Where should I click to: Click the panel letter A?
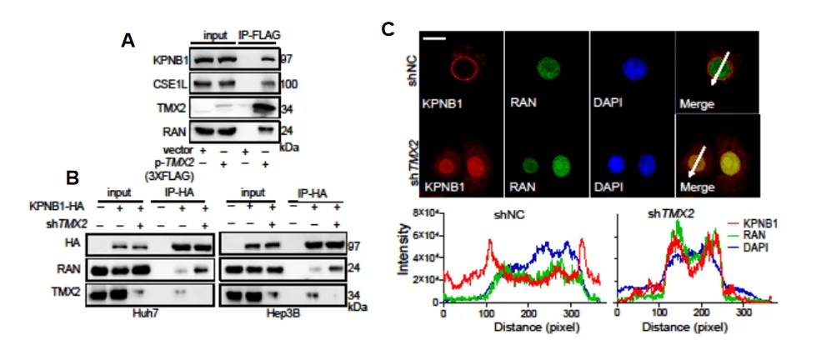click(128, 39)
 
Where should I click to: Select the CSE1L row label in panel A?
click(169, 84)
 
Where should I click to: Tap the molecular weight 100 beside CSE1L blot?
click(288, 85)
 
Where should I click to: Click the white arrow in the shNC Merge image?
click(718, 67)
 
